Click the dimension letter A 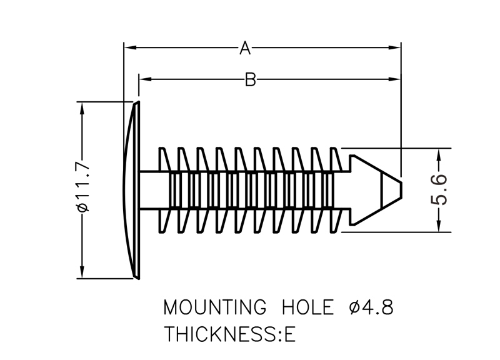pyautogui.click(x=245, y=47)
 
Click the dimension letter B pyautogui.click(x=250, y=79)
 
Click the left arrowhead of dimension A pyautogui.click(x=129, y=47)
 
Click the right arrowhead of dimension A pyautogui.click(x=395, y=47)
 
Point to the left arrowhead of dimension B pyautogui.click(x=143, y=79)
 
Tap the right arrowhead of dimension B pyautogui.click(x=395, y=79)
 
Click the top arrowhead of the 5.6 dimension pyautogui.click(x=440, y=153)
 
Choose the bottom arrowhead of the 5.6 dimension pyautogui.click(x=440, y=227)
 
